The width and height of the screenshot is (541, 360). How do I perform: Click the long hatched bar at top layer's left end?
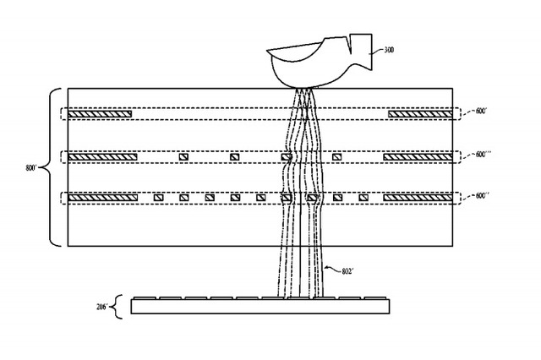pyautogui.click(x=100, y=112)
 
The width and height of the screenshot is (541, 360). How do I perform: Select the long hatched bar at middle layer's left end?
pyautogui.click(x=101, y=156)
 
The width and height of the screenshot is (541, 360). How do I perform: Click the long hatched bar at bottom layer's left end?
pyautogui.click(x=101, y=197)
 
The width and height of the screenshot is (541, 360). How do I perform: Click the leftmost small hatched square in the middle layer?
pyautogui.click(x=183, y=156)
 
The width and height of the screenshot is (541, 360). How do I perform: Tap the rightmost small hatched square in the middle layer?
pyautogui.click(x=336, y=156)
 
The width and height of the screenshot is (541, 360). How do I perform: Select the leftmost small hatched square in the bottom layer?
pyautogui.click(x=158, y=197)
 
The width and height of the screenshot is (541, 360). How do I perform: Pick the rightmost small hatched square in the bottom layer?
pyautogui.click(x=363, y=197)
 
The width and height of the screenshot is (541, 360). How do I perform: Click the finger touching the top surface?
pyautogui.click(x=313, y=63)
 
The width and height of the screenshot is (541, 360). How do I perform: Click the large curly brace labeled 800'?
pyautogui.click(x=52, y=167)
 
